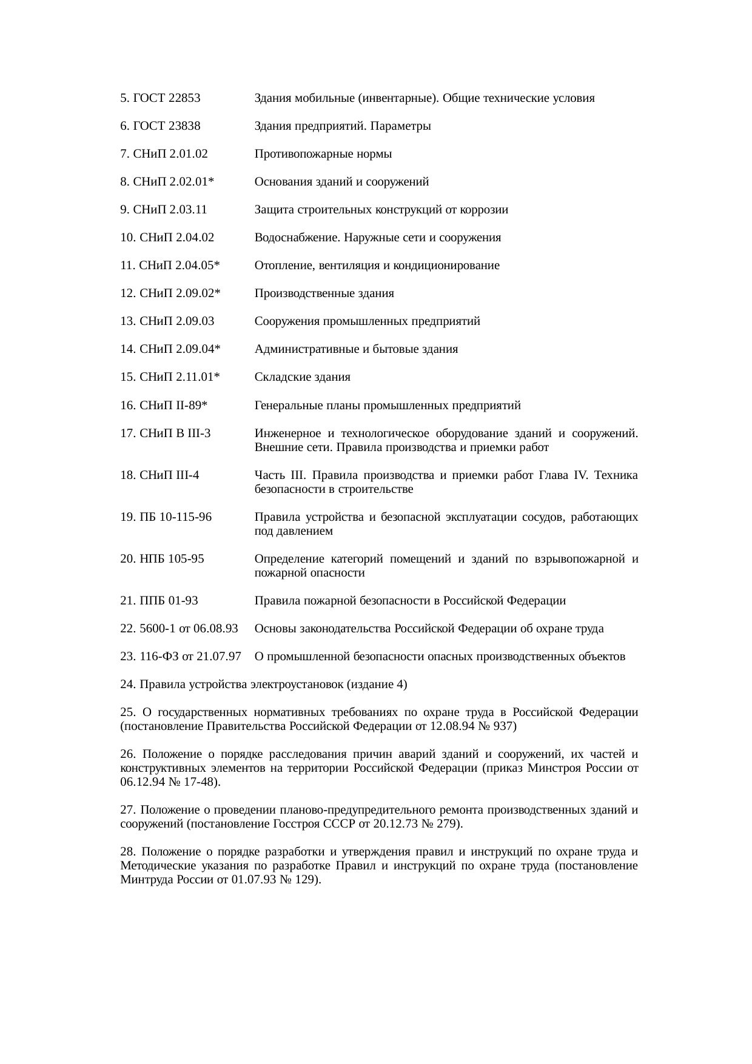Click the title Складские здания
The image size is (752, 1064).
pyautogui.click(x=302, y=377)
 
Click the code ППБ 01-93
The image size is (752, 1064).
pyautogui.click(x=169, y=601)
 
